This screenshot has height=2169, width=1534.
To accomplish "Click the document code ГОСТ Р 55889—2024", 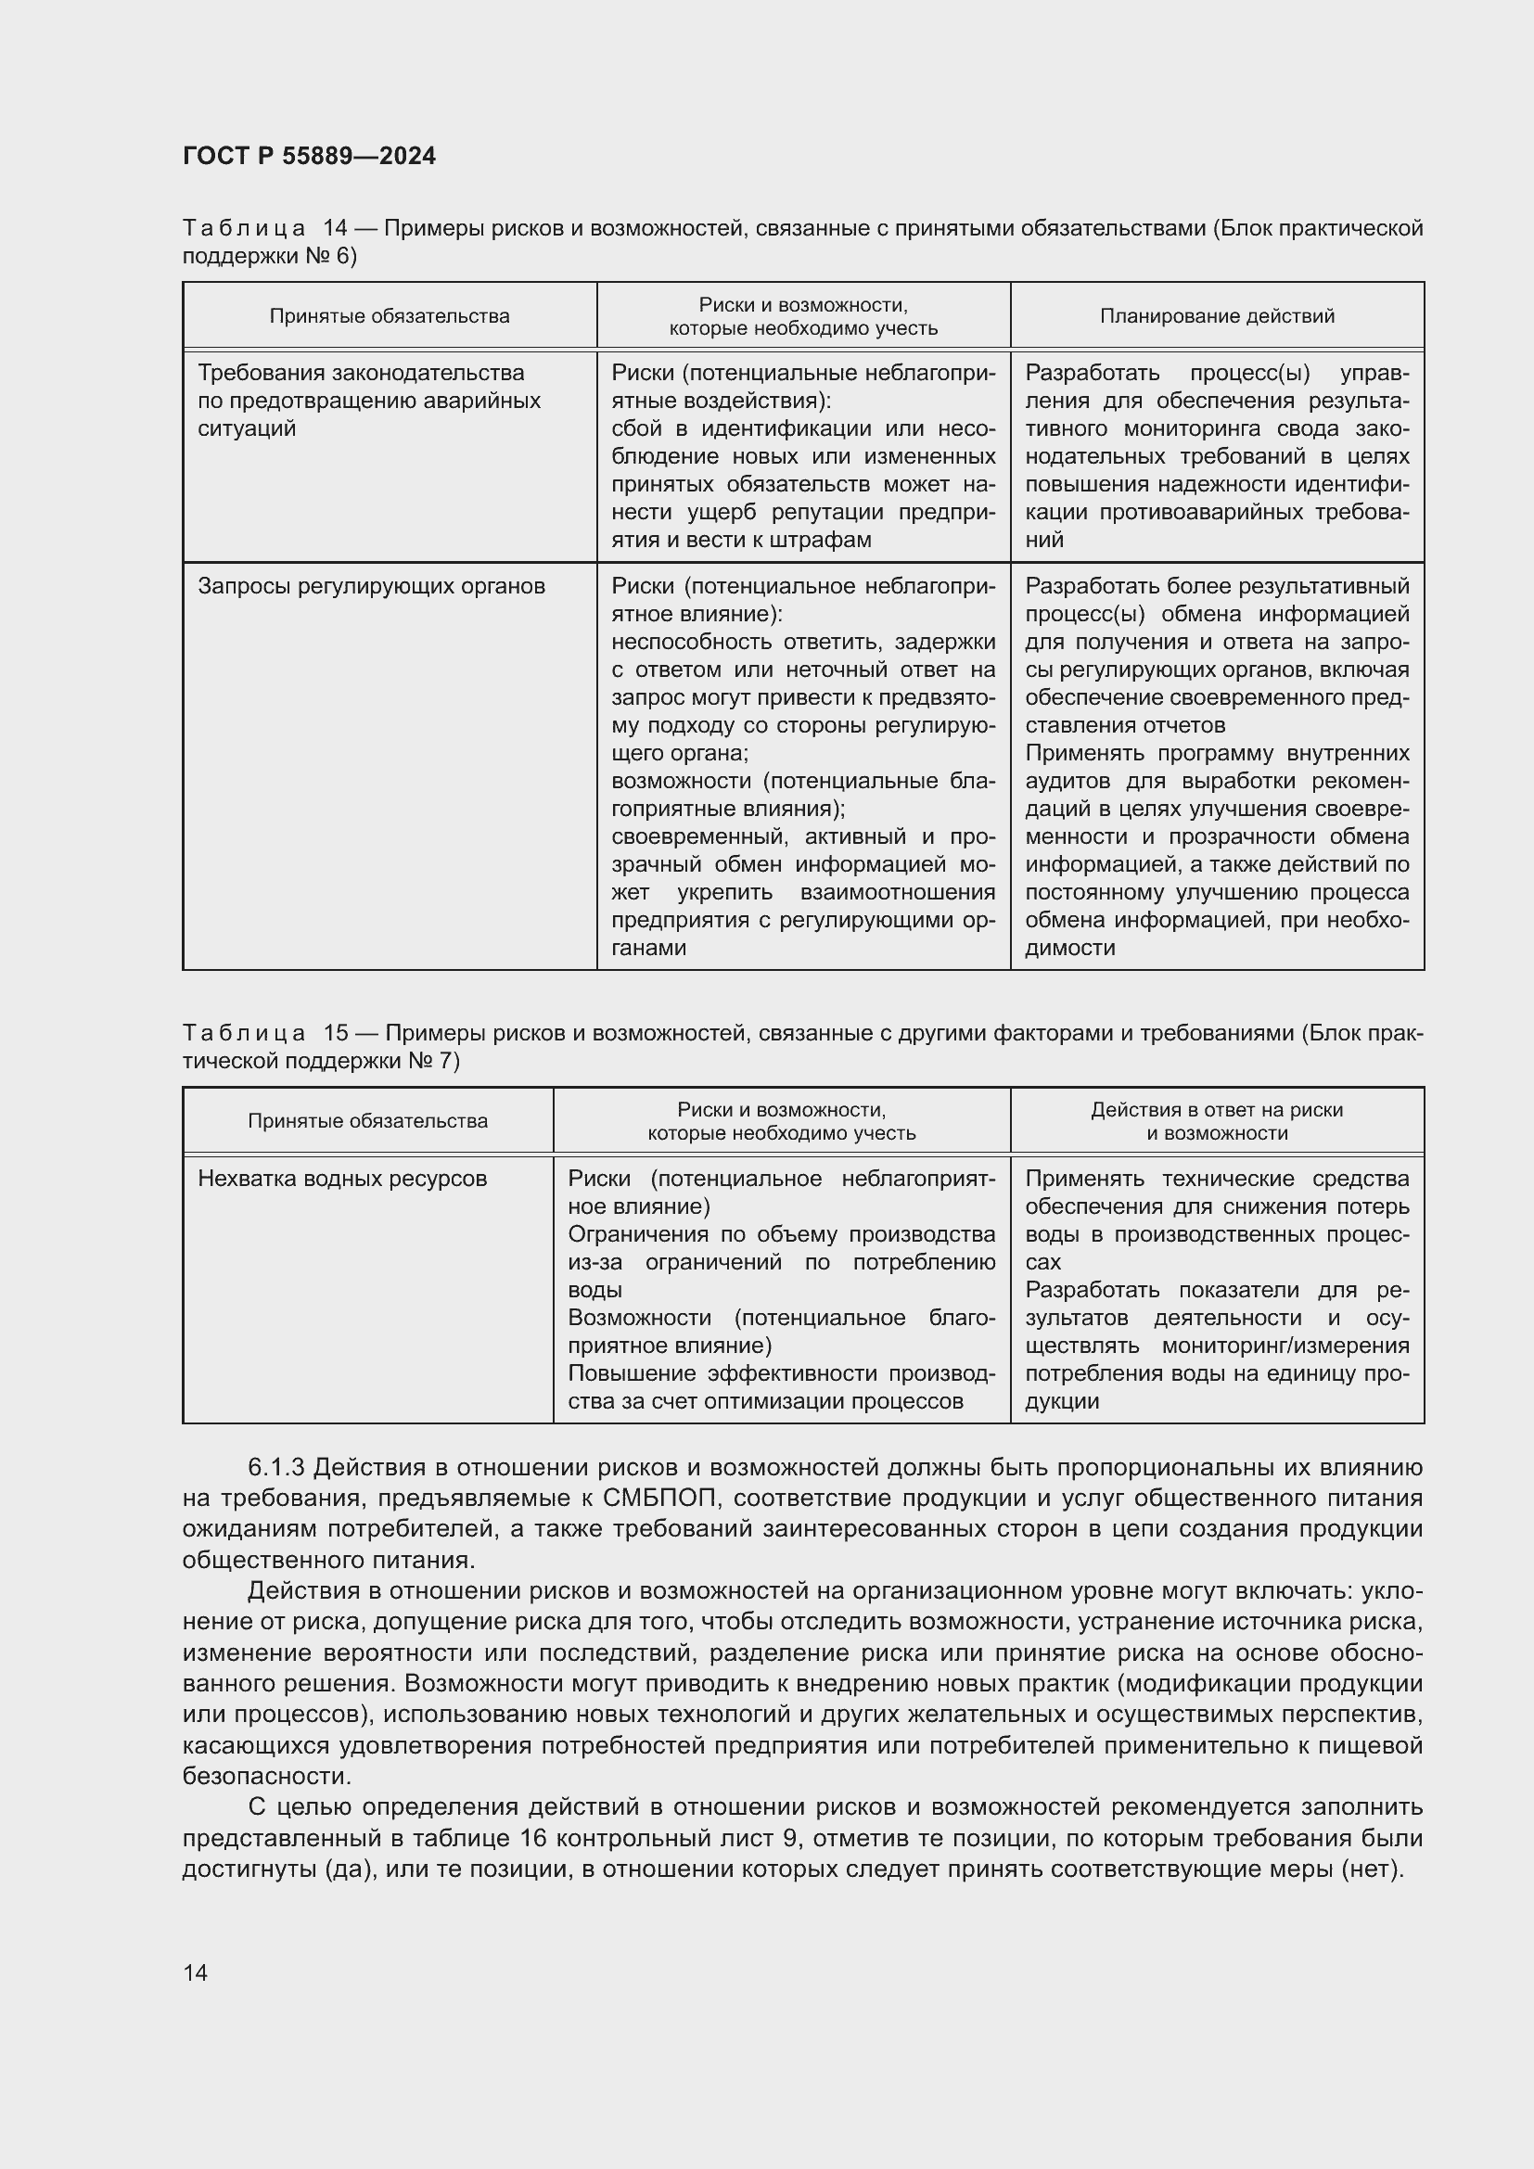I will coord(309,157).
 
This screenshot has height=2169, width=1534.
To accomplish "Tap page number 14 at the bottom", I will coord(196,1972).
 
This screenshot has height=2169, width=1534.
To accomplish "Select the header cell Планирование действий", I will coord(1217,316).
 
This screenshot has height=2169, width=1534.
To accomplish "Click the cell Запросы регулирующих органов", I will coord(371,587).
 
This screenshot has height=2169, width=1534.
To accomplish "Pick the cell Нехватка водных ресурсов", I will coord(342,1179).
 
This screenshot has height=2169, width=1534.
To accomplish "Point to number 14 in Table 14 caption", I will coord(336,229).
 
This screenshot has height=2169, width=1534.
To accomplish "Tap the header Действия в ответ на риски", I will coord(1217,1110).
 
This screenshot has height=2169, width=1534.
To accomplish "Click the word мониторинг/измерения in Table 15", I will coord(1285,1346).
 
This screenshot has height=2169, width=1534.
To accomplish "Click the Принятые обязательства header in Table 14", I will coord(390,316).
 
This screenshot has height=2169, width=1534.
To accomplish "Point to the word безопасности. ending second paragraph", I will coord(266,1776).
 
